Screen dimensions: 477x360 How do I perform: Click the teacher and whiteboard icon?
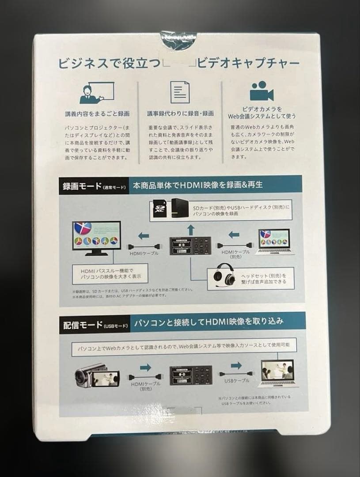click(96, 92)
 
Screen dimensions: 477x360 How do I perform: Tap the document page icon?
click(180, 92)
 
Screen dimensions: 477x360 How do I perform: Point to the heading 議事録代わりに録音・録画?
click(180, 114)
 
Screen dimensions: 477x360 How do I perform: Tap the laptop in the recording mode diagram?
click(274, 241)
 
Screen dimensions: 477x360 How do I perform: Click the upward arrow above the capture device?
click(191, 229)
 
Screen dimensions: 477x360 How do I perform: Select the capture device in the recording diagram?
click(191, 245)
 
